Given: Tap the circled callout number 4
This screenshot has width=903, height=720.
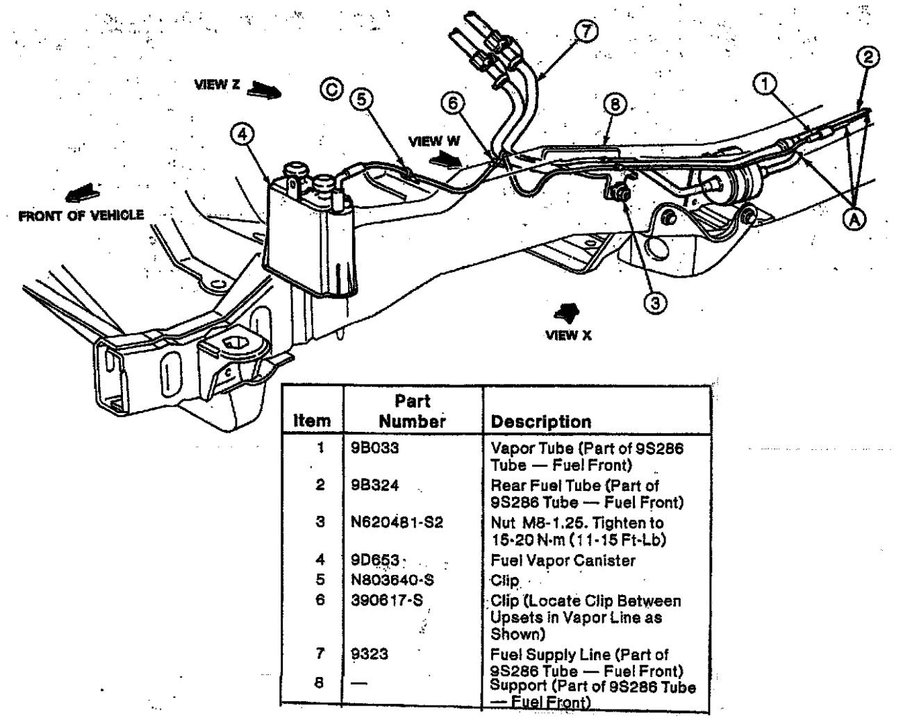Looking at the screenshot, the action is point(242,134).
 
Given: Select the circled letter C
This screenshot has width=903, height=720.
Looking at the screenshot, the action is point(331,89).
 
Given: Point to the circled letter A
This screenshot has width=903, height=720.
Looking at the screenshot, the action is point(855,219).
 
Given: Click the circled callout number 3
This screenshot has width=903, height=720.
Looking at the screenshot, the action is point(655,302).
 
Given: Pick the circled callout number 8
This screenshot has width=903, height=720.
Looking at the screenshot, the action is point(615,104).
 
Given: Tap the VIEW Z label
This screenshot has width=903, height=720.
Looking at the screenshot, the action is point(217,84).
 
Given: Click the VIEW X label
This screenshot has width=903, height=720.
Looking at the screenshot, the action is point(569,335).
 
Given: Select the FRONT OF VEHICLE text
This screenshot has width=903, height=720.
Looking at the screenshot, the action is point(81,215).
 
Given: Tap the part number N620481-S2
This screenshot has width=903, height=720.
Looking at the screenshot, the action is point(397,522).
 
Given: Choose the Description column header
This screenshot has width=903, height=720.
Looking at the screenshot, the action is point(541,421).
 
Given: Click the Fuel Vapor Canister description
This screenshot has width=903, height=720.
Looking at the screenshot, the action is point(563,560).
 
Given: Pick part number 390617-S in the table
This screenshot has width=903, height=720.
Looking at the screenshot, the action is point(387,600).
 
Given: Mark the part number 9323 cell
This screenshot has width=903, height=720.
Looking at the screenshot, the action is point(370,654).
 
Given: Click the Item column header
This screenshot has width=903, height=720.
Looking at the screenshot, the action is point(312,421).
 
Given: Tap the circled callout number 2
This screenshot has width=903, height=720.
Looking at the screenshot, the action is point(868,57).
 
